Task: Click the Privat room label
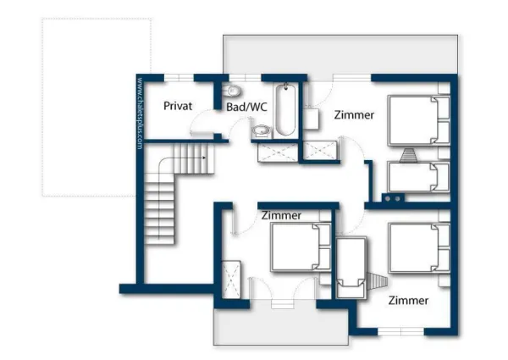tap(179, 106)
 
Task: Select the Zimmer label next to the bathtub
tap(354, 114)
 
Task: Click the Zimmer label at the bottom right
tap(408, 301)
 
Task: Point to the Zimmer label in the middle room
tap(281, 215)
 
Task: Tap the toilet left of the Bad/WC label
tap(231, 91)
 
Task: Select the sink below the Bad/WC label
tap(262, 130)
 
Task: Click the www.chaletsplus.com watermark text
tap(140, 114)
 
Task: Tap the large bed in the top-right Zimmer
tap(419, 122)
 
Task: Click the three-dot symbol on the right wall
tap(394, 198)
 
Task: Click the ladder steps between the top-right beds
tap(410, 154)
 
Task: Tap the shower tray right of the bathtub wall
tap(320, 151)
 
